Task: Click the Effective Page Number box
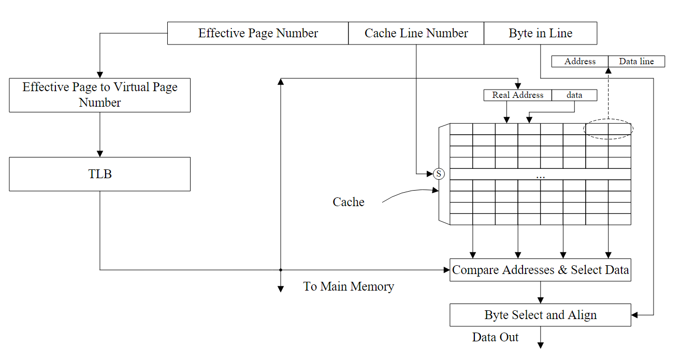(257, 33)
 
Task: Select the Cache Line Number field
(416, 33)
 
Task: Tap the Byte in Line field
(540, 33)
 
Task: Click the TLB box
(99, 174)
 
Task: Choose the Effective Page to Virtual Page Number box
(99, 95)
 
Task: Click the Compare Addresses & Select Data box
(540, 270)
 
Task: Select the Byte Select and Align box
(540, 315)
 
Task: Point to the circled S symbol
(439, 174)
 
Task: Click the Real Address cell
(517, 95)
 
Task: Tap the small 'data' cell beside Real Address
(574, 95)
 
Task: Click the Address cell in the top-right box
(580, 61)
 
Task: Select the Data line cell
(636, 61)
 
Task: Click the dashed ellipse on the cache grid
(608, 129)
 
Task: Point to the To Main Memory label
(349, 286)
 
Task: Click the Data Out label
(495, 337)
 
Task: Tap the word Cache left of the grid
(348, 202)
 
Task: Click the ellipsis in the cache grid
(541, 177)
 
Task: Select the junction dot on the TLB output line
(280, 270)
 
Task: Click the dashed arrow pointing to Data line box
(608, 93)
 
